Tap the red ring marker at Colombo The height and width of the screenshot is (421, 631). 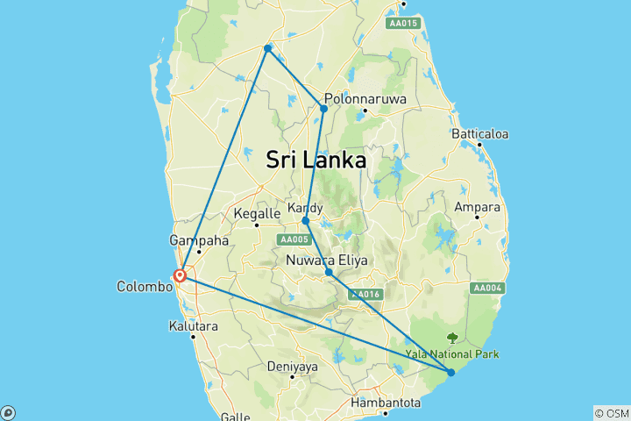[180, 275]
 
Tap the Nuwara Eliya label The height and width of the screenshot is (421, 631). [327, 260]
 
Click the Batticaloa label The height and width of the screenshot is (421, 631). [479, 134]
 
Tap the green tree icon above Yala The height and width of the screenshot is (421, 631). [452, 338]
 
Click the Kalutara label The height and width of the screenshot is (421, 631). [192, 325]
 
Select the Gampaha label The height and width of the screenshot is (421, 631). [200, 239]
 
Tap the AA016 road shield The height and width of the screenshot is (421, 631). [364, 295]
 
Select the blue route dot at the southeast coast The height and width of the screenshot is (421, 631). [450, 373]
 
